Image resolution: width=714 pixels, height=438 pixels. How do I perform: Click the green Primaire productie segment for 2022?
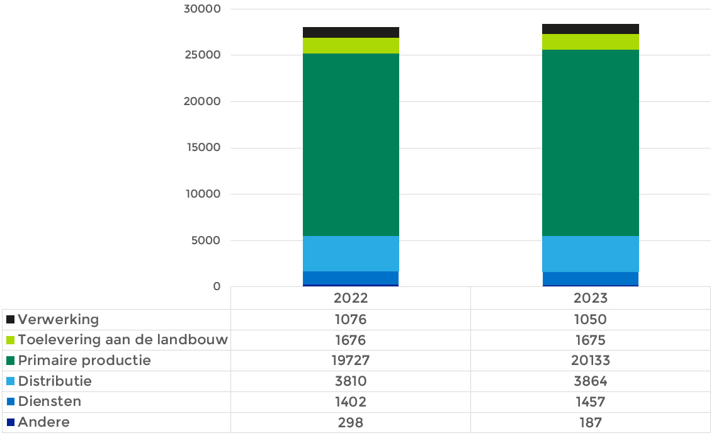pyautogui.click(x=351, y=144)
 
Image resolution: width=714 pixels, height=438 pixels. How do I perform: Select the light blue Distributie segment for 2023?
pyautogui.click(x=590, y=254)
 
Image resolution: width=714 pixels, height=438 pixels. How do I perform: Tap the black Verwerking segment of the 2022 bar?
pyautogui.click(x=351, y=32)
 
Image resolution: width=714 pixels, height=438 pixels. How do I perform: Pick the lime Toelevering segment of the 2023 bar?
pyautogui.click(x=590, y=42)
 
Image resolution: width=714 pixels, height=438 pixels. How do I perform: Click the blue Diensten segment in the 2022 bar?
pyautogui.click(x=351, y=278)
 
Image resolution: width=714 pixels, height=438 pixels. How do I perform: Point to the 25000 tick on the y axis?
pyautogui.click(x=203, y=55)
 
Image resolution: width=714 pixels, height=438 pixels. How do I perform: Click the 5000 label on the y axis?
pyautogui.click(x=206, y=240)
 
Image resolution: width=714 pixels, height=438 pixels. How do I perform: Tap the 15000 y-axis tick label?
pyautogui.click(x=203, y=147)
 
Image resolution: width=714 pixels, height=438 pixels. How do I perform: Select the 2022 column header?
pyautogui.click(x=351, y=298)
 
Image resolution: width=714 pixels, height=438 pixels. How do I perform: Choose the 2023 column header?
pyautogui.click(x=590, y=298)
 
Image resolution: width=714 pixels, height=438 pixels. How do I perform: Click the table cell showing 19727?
pyautogui.click(x=351, y=361)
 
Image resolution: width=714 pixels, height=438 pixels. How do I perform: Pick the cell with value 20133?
pyautogui.click(x=590, y=361)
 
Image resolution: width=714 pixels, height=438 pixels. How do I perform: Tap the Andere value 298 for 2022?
pyautogui.click(x=351, y=422)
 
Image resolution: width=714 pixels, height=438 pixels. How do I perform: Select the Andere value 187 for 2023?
pyautogui.click(x=590, y=422)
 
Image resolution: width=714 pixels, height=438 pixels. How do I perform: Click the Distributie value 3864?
pyautogui.click(x=590, y=381)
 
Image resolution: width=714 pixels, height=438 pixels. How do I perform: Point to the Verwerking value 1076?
pyautogui.click(x=351, y=320)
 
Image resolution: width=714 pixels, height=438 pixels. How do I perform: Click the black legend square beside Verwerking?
pyautogui.click(x=11, y=320)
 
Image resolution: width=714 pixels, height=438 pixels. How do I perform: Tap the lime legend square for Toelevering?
pyautogui.click(x=11, y=340)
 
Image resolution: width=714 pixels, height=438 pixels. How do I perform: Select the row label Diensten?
pyautogui.click(x=50, y=401)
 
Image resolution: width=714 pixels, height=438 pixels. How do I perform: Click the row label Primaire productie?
pyautogui.click(x=84, y=361)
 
